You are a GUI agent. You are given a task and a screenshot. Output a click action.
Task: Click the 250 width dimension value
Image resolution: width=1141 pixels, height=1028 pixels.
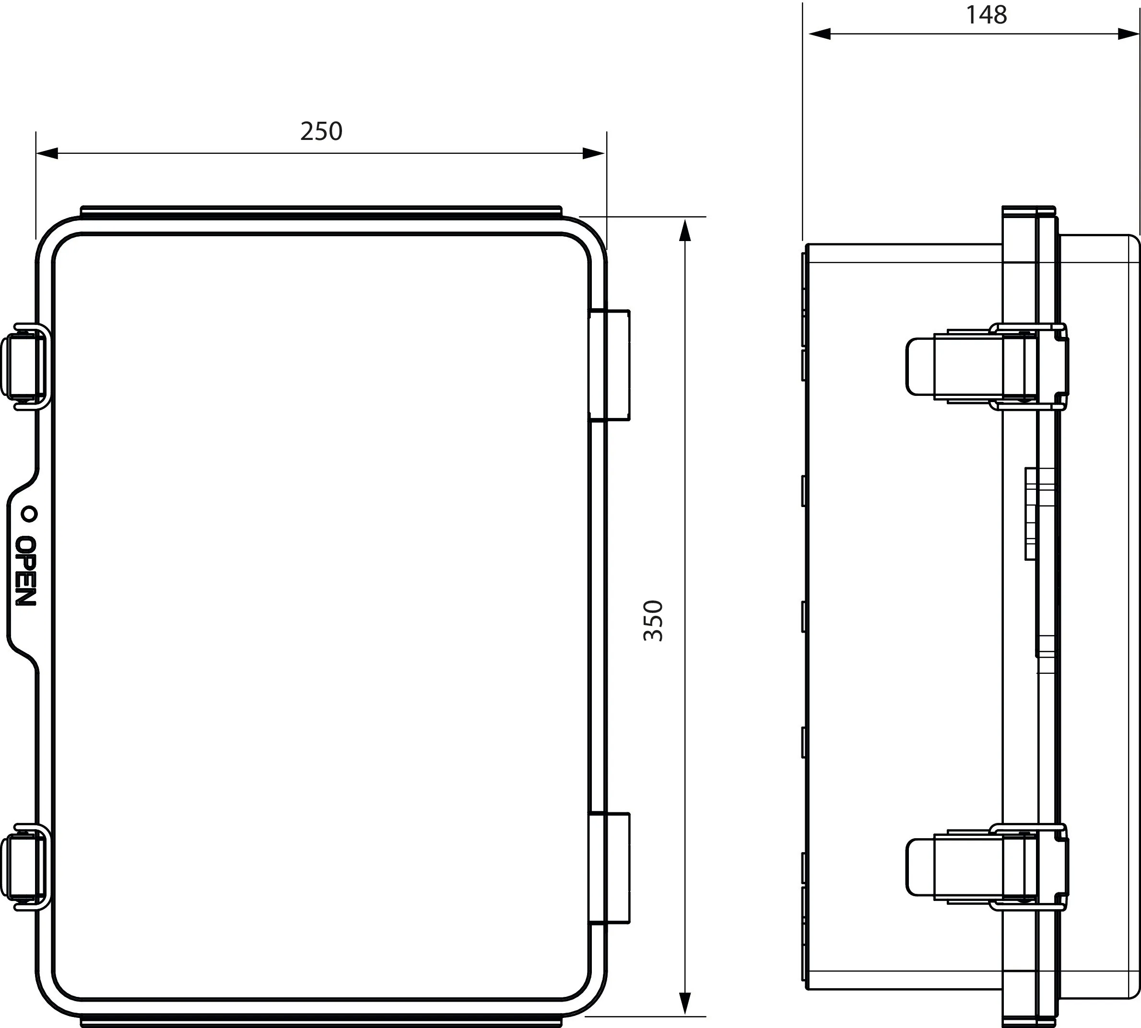(x=321, y=132)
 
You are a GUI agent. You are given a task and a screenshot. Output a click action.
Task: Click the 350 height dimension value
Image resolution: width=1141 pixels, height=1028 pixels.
(x=653, y=620)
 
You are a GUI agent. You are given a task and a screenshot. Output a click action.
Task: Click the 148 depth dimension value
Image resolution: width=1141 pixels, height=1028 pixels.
(x=986, y=15)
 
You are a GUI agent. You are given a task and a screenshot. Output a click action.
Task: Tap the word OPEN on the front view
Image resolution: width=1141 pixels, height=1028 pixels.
(x=25, y=571)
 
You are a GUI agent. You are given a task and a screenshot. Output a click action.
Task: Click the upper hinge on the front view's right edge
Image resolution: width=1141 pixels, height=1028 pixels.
(x=609, y=366)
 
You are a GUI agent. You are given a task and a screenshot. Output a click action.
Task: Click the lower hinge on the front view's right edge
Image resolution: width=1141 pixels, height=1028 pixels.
(x=609, y=867)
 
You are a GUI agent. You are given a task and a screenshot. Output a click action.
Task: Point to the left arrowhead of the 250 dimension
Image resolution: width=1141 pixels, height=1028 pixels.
(x=47, y=153)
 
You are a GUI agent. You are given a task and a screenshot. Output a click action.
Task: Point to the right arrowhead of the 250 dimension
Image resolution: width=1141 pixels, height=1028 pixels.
(x=593, y=153)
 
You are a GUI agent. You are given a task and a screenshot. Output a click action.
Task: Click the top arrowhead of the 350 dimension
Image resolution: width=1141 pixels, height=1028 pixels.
(x=685, y=231)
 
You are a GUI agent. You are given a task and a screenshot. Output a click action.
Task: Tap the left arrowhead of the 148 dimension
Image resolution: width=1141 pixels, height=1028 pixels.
(x=820, y=34)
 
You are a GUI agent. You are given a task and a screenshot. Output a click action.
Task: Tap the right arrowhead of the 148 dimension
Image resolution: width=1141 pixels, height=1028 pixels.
(x=1129, y=34)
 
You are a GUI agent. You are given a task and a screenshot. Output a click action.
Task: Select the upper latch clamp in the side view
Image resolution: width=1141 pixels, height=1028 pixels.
(x=986, y=366)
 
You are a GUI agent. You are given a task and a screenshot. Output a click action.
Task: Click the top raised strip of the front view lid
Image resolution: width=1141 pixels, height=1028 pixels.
(x=321, y=211)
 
